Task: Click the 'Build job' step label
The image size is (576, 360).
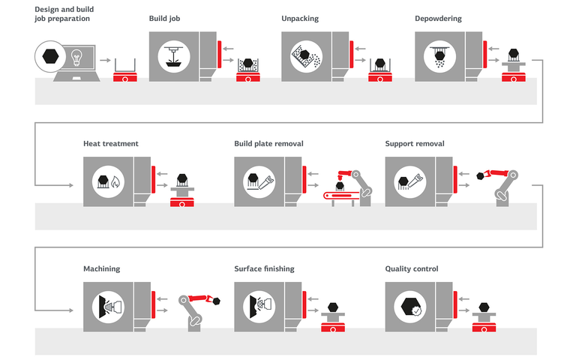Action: pyautogui.click(x=166, y=18)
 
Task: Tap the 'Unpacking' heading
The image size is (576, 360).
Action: pyautogui.click(x=299, y=18)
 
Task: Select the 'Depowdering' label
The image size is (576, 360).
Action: pyautogui.click(x=438, y=18)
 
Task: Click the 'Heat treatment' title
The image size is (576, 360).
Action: pyautogui.click(x=110, y=143)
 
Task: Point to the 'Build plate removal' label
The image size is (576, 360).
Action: pyautogui.click(x=268, y=143)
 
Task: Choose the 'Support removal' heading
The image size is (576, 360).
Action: pyautogui.click(x=415, y=143)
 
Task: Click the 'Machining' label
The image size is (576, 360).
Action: pyautogui.click(x=101, y=268)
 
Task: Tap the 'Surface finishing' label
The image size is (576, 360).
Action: pyautogui.click(x=264, y=268)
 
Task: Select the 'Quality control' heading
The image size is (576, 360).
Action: pyautogui.click(x=412, y=268)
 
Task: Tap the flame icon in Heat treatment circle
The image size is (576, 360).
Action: pyautogui.click(x=115, y=182)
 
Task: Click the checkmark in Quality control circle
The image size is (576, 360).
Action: pyautogui.click(x=416, y=309)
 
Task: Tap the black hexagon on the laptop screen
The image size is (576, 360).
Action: pyautogui.click(x=52, y=56)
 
